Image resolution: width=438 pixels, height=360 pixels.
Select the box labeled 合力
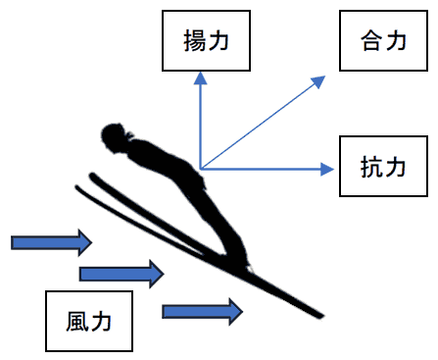(x=384, y=41)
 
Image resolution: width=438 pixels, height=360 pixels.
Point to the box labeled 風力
(x=90, y=320)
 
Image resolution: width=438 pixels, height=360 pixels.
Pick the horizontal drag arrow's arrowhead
(x=327, y=169)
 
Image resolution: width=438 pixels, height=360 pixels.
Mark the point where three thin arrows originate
(x=200, y=169)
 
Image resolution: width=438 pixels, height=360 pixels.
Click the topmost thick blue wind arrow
(x=52, y=240)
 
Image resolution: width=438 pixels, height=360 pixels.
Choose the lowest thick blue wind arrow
(x=202, y=311)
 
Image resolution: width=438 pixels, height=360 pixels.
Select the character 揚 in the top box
(x=193, y=43)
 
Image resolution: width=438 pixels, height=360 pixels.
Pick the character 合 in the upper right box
(x=370, y=41)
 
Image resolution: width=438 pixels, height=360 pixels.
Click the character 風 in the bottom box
(x=76, y=320)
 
